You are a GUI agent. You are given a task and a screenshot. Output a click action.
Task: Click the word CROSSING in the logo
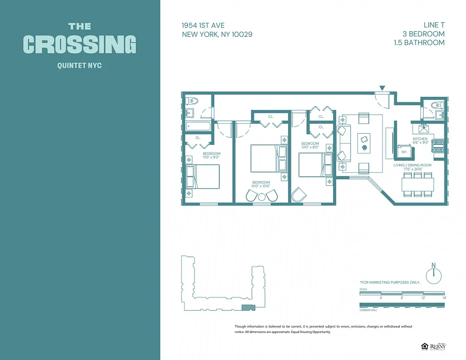click(80, 45)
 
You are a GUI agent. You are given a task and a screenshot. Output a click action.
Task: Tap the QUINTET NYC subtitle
click(80, 66)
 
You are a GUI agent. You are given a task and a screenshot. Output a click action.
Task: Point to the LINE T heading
click(434, 25)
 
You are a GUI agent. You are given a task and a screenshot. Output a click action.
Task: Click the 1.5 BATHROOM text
click(418, 43)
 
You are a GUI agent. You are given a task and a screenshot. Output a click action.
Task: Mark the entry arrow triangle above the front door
click(382, 88)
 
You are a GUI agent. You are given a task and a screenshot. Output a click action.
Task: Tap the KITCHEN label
click(420, 139)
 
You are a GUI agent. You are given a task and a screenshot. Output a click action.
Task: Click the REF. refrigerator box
click(404, 152)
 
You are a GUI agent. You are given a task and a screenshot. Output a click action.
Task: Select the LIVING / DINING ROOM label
click(413, 165)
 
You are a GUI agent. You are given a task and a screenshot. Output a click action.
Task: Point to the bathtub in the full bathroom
click(199, 126)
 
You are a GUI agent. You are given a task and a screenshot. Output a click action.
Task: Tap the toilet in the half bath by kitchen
click(435, 105)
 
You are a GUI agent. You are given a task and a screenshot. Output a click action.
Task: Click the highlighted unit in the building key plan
click(248, 307)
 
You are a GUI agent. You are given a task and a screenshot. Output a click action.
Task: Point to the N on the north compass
click(434, 265)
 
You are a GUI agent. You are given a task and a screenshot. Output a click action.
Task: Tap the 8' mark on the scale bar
click(402, 298)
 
